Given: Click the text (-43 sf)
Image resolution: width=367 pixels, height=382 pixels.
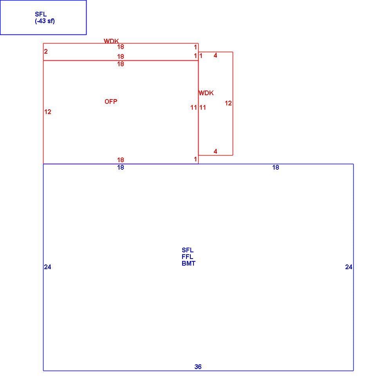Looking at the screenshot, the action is tap(45, 21).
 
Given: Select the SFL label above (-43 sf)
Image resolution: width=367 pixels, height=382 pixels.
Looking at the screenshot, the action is tap(41, 14).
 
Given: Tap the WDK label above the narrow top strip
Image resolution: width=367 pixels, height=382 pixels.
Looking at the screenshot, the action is tap(111, 41).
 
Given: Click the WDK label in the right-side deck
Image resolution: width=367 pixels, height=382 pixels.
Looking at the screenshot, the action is tap(206, 93).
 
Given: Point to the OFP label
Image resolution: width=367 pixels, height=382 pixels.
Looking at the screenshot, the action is tap(111, 101).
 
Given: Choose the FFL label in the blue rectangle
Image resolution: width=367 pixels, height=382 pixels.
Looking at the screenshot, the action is tap(187, 257).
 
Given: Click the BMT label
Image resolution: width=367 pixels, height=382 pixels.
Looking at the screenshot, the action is tap(188, 263).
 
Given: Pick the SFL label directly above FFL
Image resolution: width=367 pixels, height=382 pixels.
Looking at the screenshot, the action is tap(188, 250).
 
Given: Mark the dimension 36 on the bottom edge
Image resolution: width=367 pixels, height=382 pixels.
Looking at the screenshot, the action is tap(198, 367).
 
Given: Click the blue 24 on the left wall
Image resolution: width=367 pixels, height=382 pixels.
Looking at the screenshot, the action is tap(47, 267).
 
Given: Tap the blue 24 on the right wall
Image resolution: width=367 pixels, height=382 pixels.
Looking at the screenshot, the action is tap(349, 267).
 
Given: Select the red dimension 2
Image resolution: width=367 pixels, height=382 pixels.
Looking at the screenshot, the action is tap(46, 51).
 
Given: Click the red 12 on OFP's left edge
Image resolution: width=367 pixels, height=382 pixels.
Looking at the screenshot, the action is tap(48, 112).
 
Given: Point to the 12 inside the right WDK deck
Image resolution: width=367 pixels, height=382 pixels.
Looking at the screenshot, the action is tap(228, 103).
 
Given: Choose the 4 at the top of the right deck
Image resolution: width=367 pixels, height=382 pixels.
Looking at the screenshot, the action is tap(215, 56).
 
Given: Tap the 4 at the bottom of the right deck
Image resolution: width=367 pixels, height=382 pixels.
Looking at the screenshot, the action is tap(215, 151).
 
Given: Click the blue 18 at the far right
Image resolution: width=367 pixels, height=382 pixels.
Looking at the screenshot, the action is tap(276, 167).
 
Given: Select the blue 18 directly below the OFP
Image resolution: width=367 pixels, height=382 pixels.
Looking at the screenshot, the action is tap(121, 167).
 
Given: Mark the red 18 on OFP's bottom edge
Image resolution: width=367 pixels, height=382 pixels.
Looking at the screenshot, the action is tap(121, 160).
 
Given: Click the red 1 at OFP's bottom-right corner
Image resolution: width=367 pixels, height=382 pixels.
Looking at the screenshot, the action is tap(195, 159).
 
